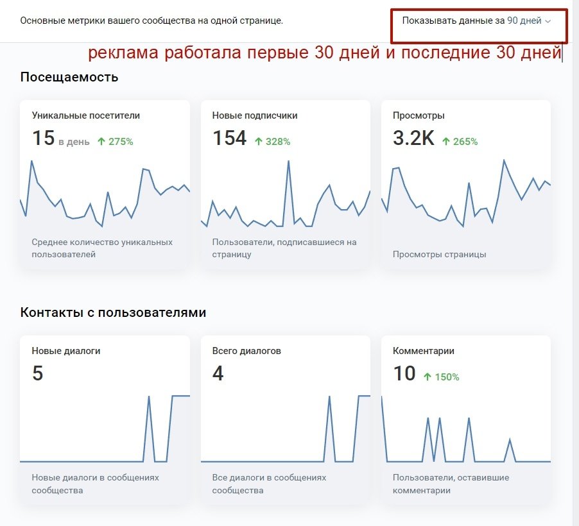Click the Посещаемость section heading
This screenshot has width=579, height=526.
69,78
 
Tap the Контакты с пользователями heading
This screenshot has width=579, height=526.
113,313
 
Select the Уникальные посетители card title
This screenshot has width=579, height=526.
85,116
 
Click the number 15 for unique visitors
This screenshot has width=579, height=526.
43,139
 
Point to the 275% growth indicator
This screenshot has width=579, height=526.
116,142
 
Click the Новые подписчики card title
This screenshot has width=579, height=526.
254,116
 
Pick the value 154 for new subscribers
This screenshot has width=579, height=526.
229,139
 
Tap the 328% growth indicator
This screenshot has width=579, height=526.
273,142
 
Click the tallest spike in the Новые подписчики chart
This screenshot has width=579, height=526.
288,161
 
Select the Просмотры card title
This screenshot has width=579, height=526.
418,116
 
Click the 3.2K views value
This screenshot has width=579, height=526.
413,139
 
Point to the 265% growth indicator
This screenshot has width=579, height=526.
460,142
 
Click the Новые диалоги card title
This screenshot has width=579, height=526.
65,352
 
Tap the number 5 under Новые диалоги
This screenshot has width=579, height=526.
37,374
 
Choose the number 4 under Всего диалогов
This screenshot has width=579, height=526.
218,374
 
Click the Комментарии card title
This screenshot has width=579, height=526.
423,352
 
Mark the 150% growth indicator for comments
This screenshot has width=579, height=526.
442,377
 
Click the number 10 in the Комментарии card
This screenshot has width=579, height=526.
404,374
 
